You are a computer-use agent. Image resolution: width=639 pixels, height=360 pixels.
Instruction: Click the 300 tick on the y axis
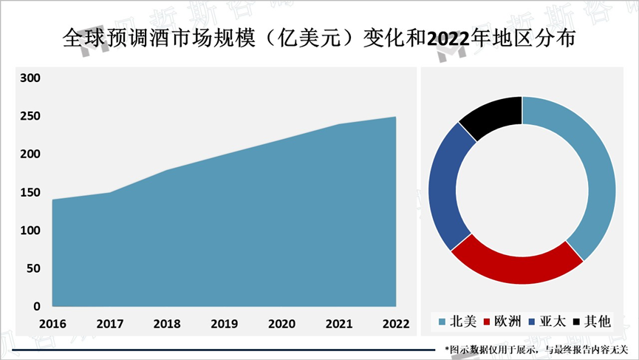[x=31, y=78]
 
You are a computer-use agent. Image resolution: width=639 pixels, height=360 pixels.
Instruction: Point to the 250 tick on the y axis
[x=31, y=117]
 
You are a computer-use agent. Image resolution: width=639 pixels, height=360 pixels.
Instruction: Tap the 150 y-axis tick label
[x=31, y=193]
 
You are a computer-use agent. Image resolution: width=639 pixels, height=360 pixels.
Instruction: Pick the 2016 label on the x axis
[x=52, y=324]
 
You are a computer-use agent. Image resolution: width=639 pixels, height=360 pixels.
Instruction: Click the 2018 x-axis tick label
[x=166, y=324]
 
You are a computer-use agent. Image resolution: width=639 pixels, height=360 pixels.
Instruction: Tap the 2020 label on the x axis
[x=281, y=324]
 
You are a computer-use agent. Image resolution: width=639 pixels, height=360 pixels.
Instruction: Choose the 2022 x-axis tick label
[x=395, y=324]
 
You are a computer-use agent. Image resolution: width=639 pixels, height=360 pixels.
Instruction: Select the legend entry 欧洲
[x=504, y=321]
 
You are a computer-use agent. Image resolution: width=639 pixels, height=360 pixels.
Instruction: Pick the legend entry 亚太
[x=547, y=321]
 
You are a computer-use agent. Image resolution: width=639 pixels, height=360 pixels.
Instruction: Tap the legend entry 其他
[x=592, y=321]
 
